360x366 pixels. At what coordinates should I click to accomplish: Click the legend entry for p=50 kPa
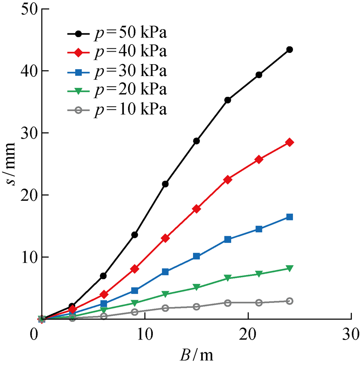(118, 33)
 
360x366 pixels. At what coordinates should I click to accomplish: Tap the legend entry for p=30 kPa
(118, 71)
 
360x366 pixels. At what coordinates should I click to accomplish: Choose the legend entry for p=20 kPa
(118, 90)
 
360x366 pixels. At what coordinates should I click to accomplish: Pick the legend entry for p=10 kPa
(118, 109)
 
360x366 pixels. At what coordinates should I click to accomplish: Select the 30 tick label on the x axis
(350, 335)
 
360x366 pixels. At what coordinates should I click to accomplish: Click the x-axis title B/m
(196, 355)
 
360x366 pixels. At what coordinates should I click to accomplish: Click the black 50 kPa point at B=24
(289, 50)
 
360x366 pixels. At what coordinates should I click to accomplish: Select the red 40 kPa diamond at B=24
(289, 142)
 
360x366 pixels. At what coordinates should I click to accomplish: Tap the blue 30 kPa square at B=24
(289, 217)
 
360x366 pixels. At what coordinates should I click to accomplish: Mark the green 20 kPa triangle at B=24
(289, 268)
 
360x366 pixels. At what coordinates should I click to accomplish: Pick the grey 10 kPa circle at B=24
(289, 301)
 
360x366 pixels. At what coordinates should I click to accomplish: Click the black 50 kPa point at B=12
(165, 184)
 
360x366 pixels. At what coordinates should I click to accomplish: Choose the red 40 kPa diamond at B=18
(228, 180)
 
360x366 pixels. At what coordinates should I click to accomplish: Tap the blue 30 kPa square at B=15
(196, 256)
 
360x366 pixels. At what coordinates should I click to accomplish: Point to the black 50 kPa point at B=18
(228, 100)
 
